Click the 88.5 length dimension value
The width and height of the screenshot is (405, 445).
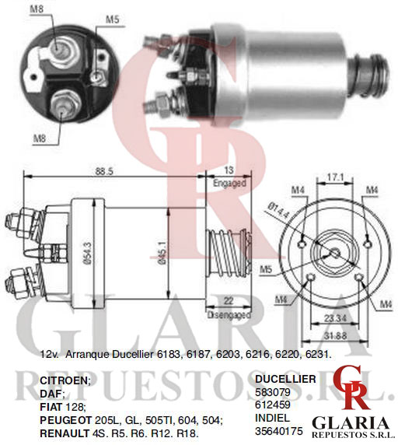(104, 171)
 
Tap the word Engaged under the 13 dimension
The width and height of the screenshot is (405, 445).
(229, 183)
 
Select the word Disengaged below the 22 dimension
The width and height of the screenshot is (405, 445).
(229, 315)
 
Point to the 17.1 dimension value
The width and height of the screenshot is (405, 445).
(335, 177)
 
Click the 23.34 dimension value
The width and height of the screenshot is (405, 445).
(335, 318)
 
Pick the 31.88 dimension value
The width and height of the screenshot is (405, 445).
(335, 336)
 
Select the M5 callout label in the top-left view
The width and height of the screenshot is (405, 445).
(112, 19)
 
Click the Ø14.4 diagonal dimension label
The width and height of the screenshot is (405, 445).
(278, 209)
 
